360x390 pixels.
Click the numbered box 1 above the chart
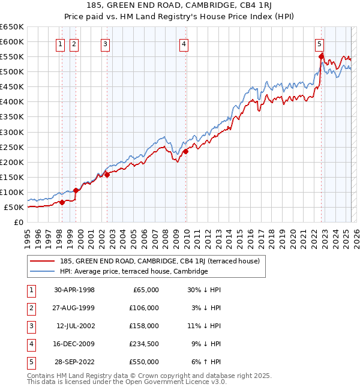click(61, 43)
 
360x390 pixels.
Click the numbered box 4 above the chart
click(183, 43)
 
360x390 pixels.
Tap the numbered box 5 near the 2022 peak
click(319, 43)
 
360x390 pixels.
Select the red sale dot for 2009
click(186, 152)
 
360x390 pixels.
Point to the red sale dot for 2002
click(107, 175)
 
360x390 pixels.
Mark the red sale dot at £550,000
click(322, 56)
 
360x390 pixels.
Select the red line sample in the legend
click(43, 261)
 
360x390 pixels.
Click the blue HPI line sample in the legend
click(43, 271)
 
